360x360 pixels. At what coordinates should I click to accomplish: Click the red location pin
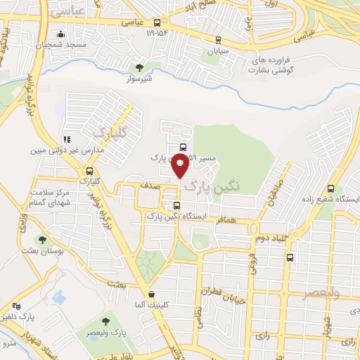pyautogui.click(x=181, y=166)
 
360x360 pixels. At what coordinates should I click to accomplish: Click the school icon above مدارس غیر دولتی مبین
pyautogui.click(x=67, y=139)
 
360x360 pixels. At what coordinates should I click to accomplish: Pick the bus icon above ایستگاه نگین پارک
pyautogui.click(x=176, y=205)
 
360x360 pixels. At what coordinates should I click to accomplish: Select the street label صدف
pyautogui.click(x=155, y=186)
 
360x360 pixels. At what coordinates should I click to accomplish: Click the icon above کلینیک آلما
pyautogui.click(x=151, y=294)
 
